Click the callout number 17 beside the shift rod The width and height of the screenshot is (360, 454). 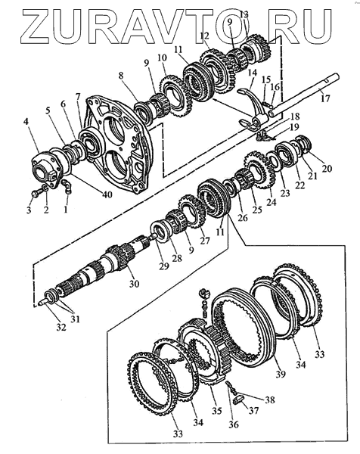click(x=325, y=98)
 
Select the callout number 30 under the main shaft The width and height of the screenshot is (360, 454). click(x=134, y=284)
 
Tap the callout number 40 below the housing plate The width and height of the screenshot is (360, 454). click(x=107, y=194)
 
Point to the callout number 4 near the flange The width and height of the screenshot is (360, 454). click(x=26, y=122)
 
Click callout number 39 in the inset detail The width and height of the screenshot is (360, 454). click(x=281, y=375)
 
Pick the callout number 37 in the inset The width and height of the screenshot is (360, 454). click(x=253, y=410)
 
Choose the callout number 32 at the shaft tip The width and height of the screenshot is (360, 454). click(x=61, y=327)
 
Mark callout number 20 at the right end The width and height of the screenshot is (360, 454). click(x=327, y=168)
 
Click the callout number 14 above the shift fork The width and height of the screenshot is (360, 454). click(x=253, y=73)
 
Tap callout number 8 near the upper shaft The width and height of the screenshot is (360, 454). click(x=121, y=76)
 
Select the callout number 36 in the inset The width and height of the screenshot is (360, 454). click(x=234, y=424)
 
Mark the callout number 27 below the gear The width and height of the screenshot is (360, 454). click(x=205, y=241)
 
